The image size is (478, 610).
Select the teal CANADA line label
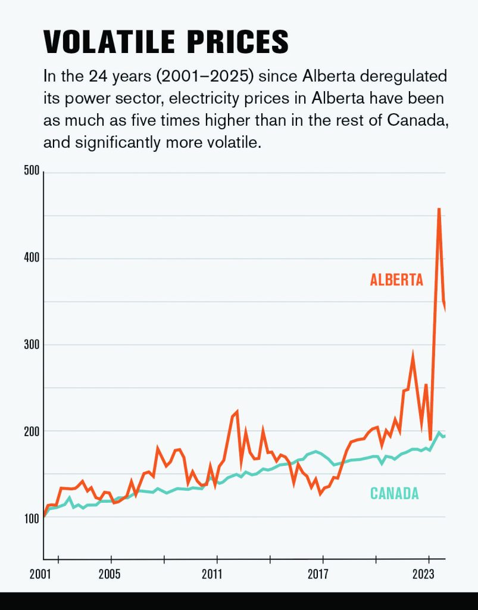click(395, 493)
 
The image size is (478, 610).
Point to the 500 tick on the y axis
click(32, 172)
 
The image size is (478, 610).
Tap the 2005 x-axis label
click(110, 575)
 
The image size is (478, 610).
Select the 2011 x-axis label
click(216, 575)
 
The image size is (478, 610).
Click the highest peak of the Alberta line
click(439, 209)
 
